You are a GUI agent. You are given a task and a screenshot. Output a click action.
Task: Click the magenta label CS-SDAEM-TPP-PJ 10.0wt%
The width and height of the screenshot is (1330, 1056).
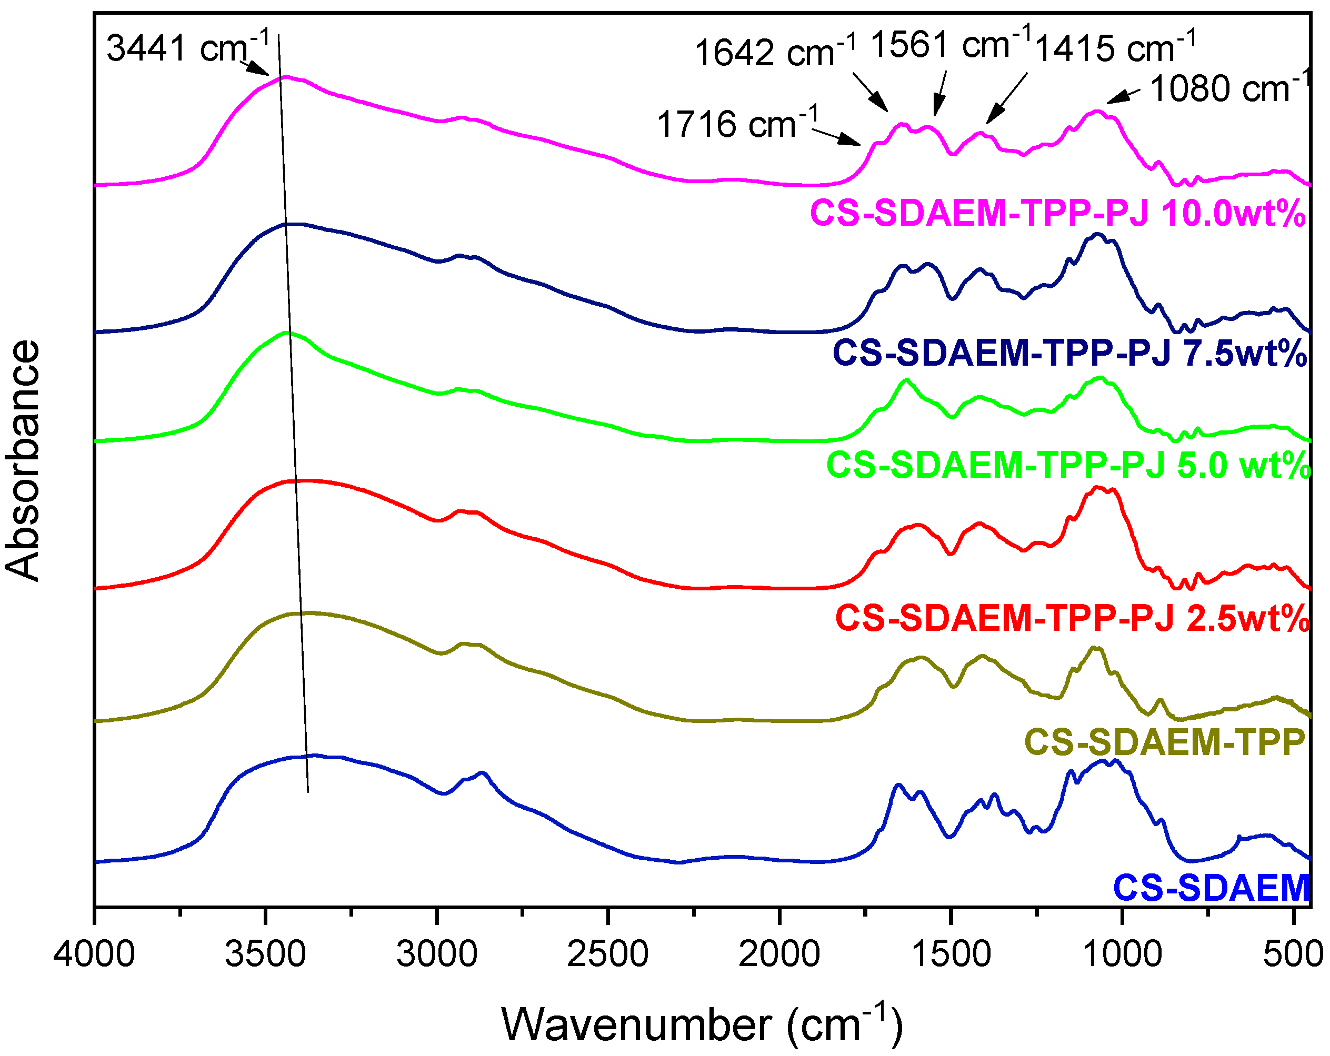1058,213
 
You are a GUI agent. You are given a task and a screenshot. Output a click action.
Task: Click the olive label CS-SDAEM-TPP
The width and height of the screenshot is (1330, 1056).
1165,741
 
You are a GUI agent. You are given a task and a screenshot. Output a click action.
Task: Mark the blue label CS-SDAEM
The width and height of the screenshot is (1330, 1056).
1212,888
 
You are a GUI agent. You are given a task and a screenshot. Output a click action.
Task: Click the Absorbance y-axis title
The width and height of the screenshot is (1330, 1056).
22,459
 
